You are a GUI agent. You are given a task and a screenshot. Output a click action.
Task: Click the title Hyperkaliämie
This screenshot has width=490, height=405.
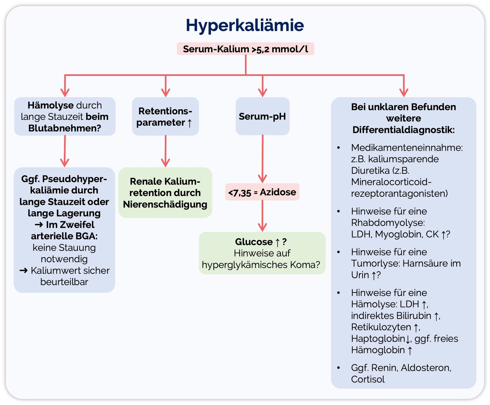pyautogui.click(x=245, y=25)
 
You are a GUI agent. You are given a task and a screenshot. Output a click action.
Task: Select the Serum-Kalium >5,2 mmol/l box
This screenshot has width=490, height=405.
pyautogui.click(x=245, y=49)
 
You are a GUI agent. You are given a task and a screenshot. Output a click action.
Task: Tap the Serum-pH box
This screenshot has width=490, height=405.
pyautogui.click(x=262, y=116)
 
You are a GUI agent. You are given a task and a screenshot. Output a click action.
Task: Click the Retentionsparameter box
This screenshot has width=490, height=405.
pyautogui.click(x=165, y=117)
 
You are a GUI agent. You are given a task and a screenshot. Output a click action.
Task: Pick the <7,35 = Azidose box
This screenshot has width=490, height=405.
pyautogui.click(x=262, y=192)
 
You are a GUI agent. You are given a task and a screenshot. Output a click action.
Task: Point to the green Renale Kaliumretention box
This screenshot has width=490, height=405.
pyautogui.click(x=165, y=193)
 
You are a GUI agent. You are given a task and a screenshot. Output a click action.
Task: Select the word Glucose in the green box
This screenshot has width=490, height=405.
pyautogui.click(x=254, y=242)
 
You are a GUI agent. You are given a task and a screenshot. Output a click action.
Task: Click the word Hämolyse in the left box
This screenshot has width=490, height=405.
pyautogui.click(x=50, y=105)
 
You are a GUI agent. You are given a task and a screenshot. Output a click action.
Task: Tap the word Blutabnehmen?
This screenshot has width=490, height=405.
pyautogui.click(x=65, y=128)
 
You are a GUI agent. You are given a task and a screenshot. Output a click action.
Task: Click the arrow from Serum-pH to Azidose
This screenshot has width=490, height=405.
pyautogui.click(x=262, y=158)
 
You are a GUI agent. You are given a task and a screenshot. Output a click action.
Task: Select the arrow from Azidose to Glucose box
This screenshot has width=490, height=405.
pyautogui.click(x=262, y=216)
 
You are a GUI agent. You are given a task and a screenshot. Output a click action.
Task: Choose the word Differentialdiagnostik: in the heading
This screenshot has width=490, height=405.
pyautogui.click(x=403, y=130)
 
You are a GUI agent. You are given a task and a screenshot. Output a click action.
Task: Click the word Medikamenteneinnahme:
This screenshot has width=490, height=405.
pyautogui.click(x=407, y=148)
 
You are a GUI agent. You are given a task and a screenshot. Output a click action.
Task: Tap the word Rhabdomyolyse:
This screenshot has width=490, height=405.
pyautogui.click(x=388, y=223)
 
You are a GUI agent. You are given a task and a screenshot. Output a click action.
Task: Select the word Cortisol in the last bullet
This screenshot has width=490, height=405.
pyautogui.click(x=367, y=379)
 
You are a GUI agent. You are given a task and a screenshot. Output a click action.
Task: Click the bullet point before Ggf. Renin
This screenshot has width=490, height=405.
pyautogui.click(x=338, y=368)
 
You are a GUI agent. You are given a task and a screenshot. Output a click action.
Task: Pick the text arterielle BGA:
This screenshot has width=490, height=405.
pyautogui.click(x=64, y=236)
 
